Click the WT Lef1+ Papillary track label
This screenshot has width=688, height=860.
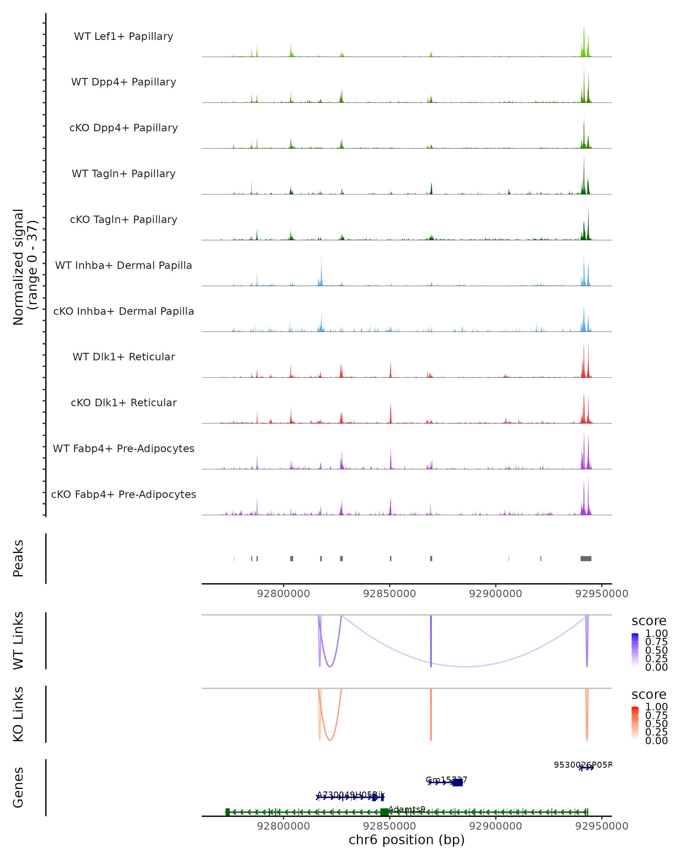[124, 36]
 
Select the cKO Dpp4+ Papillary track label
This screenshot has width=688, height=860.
[124, 128]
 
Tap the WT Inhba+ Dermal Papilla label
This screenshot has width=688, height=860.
[124, 266]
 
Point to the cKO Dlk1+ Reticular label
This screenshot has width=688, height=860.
[124, 403]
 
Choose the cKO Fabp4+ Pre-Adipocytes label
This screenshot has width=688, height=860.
[124, 494]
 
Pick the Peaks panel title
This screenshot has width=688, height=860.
[18, 558]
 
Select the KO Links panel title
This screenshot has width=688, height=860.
[18, 714]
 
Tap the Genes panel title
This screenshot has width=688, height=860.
[18, 787]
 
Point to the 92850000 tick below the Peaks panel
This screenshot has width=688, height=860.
[389, 594]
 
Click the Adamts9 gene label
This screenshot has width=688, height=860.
[406, 809]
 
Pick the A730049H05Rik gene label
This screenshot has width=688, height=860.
[351, 795]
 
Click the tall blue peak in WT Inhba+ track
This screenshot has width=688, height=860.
[321, 271]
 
